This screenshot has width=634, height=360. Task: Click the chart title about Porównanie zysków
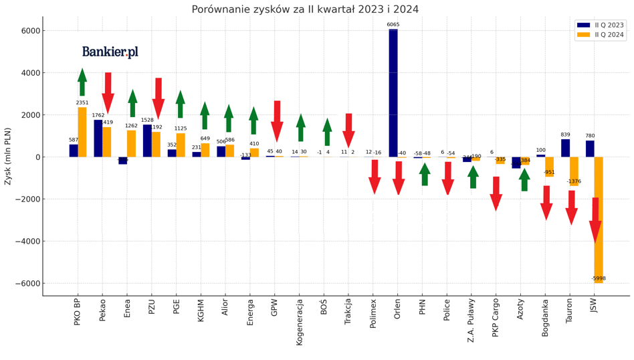point(305,9)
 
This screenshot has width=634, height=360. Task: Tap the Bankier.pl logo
point(110,52)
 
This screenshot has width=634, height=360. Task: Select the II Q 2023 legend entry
point(599,25)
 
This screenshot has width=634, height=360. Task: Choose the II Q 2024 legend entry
point(599,35)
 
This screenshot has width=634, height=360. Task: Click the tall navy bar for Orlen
point(393,93)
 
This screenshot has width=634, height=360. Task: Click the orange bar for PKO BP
point(82,132)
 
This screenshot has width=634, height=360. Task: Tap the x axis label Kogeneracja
point(300,322)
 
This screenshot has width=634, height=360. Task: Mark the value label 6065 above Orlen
point(393,25)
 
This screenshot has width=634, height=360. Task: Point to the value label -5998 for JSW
point(599,278)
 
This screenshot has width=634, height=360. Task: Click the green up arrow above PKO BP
point(82,82)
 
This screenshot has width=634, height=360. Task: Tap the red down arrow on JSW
point(595,221)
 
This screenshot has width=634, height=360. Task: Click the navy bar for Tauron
point(565,148)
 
